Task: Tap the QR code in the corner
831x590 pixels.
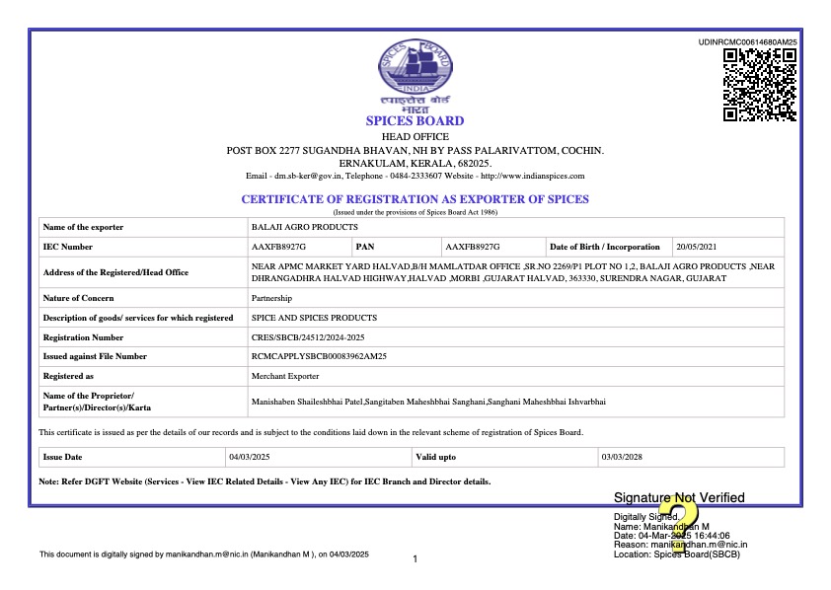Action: click(760, 85)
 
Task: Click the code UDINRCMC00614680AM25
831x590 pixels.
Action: click(747, 42)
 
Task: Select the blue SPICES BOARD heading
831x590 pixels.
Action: click(415, 121)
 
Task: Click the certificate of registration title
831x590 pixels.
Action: click(415, 199)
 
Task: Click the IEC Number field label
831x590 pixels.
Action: click(68, 247)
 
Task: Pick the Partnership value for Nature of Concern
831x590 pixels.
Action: click(272, 298)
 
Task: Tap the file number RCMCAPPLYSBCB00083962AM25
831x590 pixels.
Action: click(319, 356)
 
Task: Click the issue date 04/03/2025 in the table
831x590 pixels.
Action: click(249, 457)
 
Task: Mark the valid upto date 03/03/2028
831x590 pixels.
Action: click(622, 457)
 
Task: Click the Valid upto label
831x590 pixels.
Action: click(436, 457)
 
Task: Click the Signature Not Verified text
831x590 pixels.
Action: click(679, 497)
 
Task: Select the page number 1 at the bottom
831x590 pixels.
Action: click(415, 559)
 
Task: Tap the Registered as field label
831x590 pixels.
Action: click(69, 376)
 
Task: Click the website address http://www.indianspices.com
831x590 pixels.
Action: click(532, 176)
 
